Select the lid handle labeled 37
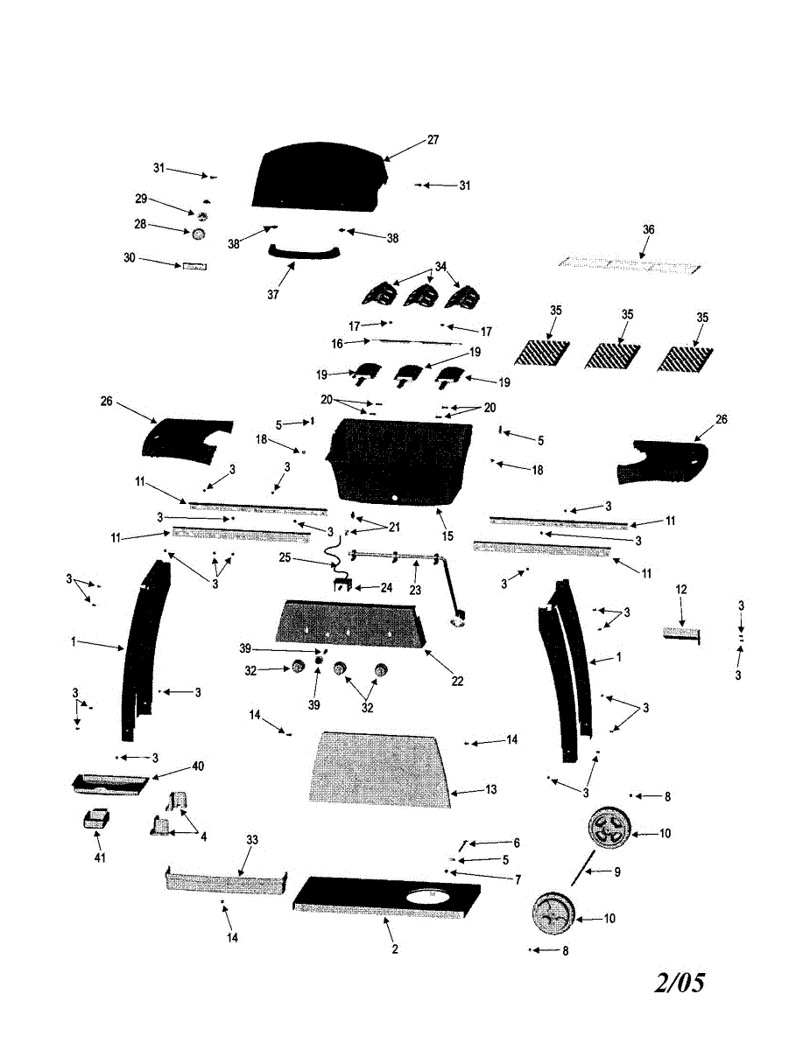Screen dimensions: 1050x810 (303, 254)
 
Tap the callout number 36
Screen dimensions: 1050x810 (648, 229)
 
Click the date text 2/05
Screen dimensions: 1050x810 (680, 983)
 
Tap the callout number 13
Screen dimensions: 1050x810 (490, 789)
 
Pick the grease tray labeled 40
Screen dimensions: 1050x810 (111, 782)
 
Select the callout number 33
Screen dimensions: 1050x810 (252, 840)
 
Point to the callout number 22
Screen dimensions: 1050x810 (457, 681)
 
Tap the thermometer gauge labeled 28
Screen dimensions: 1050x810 (199, 234)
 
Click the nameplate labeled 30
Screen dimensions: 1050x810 (194, 265)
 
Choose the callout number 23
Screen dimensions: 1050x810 (415, 590)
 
